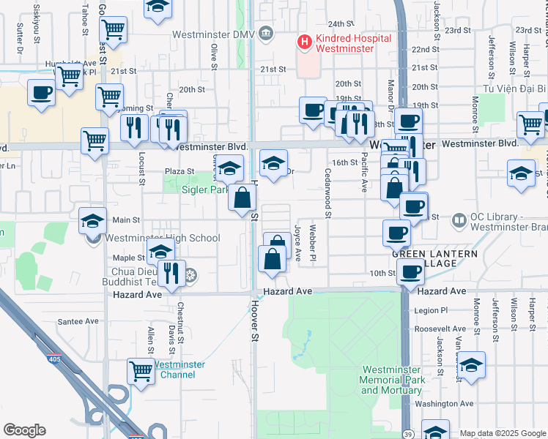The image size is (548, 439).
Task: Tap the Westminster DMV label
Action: [213, 34]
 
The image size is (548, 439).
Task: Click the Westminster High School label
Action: [162, 238]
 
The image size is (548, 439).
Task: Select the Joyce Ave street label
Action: [297, 242]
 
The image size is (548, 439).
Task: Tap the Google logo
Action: [24, 430]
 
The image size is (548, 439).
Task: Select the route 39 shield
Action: [405, 434]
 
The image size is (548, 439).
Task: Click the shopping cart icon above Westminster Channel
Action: [141, 369]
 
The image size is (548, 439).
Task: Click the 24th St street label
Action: [341, 23]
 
